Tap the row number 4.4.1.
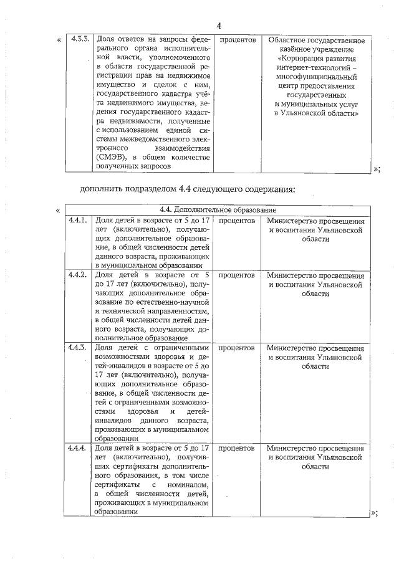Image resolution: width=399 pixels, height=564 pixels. tap(77, 221)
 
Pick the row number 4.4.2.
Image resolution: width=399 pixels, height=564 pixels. tap(77, 275)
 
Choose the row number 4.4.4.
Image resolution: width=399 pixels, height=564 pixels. tap(77, 447)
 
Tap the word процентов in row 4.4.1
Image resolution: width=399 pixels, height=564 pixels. tap(238, 221)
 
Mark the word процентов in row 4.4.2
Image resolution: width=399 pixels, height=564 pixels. tap(238, 275)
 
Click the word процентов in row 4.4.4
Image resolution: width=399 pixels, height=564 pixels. tap(238, 447)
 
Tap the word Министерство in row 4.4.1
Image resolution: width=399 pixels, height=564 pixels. tap(291, 221)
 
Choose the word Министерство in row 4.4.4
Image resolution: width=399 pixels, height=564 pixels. tap(291, 447)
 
